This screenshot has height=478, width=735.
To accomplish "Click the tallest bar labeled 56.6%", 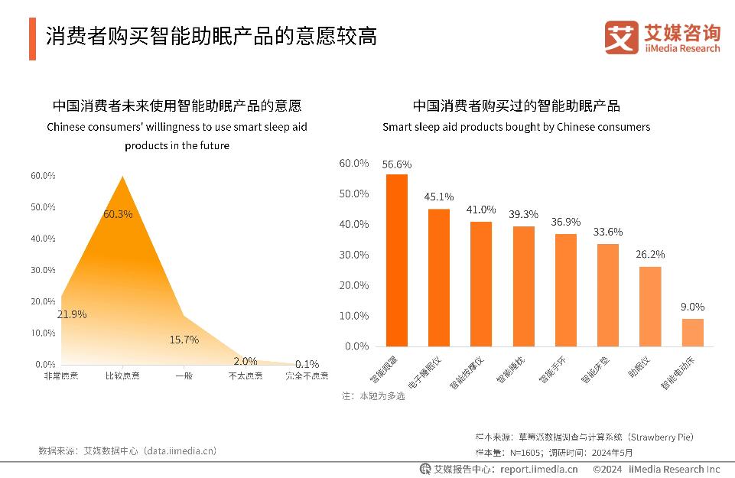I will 396,260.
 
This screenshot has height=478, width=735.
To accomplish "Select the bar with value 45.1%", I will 438,277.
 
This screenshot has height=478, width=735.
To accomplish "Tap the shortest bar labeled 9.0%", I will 692,332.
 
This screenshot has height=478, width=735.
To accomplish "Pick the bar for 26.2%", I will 650,306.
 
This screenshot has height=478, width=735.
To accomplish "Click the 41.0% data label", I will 481,210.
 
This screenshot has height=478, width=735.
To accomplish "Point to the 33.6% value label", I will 608,232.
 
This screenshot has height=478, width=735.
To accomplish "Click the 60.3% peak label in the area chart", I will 118,214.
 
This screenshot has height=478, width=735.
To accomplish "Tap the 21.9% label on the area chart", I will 72,314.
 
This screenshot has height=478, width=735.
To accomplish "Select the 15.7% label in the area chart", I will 184,340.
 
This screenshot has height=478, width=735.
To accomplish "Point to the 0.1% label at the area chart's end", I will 307,364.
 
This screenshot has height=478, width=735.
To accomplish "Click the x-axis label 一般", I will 184,376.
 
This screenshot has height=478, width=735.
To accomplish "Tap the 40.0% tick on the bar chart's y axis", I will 353,224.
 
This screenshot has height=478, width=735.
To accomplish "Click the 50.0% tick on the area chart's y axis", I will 43,207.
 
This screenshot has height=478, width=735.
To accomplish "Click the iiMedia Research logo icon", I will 621,37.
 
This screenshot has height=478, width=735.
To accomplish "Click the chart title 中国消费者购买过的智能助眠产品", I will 516,106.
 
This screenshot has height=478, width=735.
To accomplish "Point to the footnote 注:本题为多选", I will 373,396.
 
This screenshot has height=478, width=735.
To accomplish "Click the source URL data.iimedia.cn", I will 180,451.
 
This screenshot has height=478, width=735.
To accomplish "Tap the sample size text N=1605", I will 528,452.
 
